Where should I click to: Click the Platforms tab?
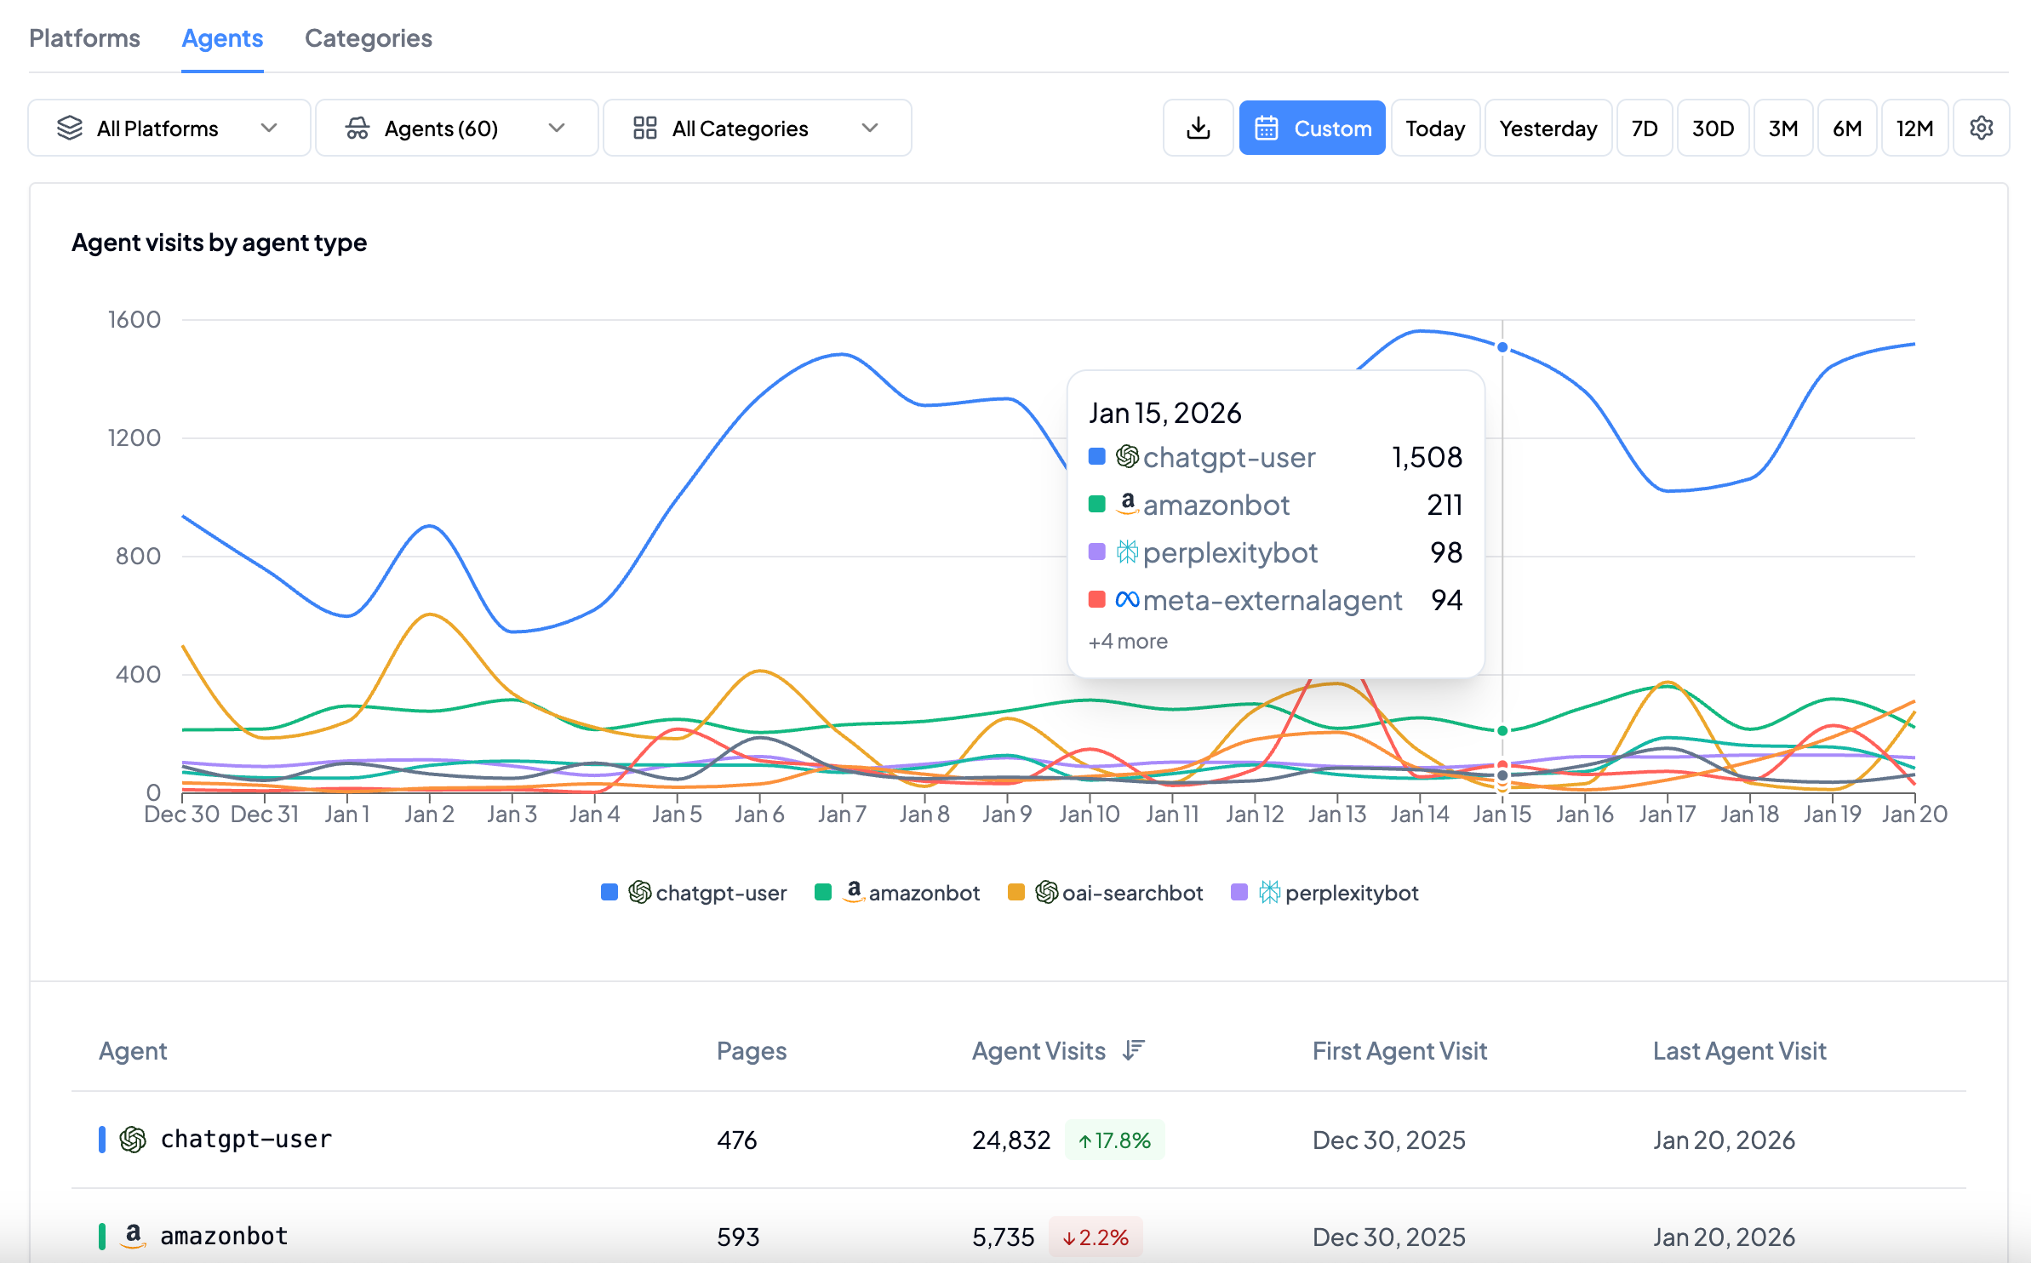click(84, 38)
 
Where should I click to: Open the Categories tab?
click(368, 38)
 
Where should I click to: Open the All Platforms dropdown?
click(169, 129)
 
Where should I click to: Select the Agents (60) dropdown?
click(456, 129)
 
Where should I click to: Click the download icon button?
click(1198, 129)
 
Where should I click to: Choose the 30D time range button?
click(1712, 129)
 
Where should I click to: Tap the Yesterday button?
click(1548, 129)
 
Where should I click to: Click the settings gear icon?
click(1981, 129)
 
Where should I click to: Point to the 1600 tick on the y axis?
click(134, 320)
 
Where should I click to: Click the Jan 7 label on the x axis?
click(841, 814)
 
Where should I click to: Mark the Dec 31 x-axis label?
click(265, 814)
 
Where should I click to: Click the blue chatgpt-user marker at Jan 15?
click(1502, 347)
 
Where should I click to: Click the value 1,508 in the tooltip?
click(1427, 458)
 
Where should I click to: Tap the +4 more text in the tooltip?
click(1128, 642)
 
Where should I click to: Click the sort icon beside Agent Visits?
click(1133, 1050)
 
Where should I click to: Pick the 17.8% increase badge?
click(1114, 1140)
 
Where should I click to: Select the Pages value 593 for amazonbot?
click(737, 1237)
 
